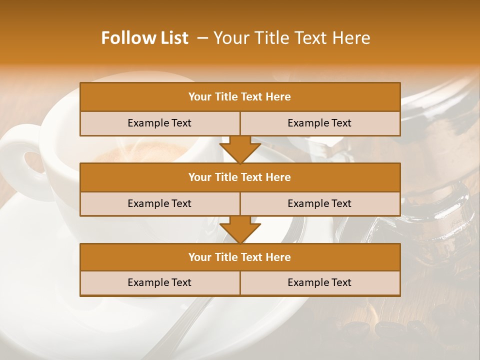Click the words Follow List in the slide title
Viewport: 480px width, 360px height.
145,38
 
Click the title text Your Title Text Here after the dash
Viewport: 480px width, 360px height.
292,38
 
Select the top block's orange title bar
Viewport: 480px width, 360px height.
240,97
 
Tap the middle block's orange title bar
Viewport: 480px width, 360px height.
240,177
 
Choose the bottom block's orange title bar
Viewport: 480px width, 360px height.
240,257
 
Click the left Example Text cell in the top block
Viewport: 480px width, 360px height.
159,123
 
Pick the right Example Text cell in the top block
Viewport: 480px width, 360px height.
320,123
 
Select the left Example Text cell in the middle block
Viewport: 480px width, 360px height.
159,204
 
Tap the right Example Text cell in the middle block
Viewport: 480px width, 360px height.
320,204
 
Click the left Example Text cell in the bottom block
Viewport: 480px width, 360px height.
159,283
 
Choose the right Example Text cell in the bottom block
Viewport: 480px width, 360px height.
320,283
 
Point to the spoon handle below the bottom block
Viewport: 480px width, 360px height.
175,325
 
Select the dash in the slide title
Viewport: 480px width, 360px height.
203,38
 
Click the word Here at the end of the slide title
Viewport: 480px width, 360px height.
353,38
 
